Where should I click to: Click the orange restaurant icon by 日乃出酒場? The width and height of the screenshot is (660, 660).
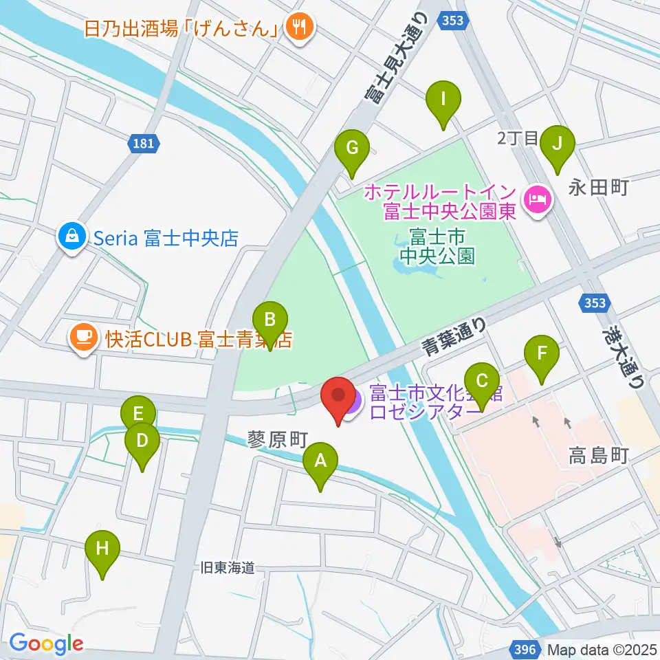300,27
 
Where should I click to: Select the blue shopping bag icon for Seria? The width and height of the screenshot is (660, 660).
71,238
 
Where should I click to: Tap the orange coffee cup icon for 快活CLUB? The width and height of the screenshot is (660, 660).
84,338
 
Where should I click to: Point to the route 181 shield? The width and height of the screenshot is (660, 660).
144,144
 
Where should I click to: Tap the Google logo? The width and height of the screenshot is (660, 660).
45,644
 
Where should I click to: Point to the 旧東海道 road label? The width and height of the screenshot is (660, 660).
228,568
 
